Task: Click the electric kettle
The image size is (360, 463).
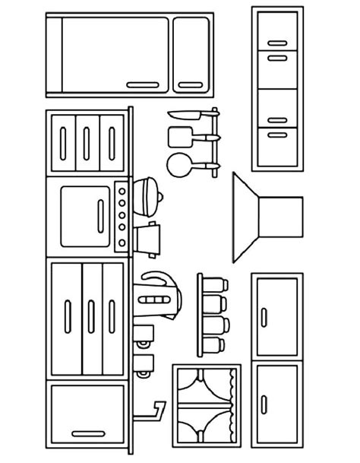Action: click(x=158, y=296)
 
